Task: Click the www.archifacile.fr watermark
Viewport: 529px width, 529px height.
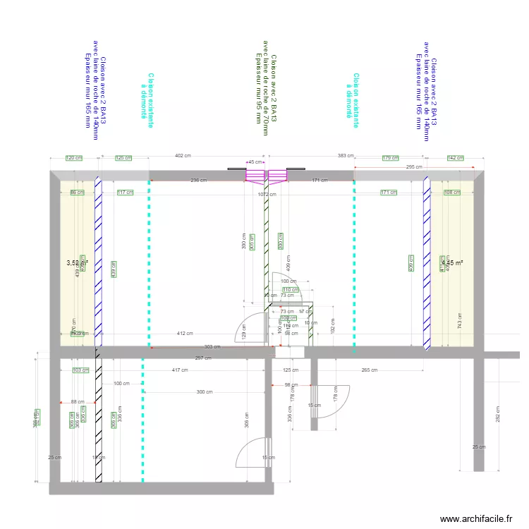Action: click(x=476, y=519)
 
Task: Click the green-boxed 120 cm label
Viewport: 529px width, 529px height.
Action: click(x=73, y=158)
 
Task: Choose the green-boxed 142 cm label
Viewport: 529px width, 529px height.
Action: click(x=456, y=158)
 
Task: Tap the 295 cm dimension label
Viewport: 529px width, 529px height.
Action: click(x=414, y=167)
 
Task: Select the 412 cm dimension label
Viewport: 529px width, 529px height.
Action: click(x=185, y=333)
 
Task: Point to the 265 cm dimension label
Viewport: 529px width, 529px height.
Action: click(x=367, y=370)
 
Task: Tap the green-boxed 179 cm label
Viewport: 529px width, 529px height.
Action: click(x=390, y=158)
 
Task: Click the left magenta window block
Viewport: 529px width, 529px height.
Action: click(x=255, y=175)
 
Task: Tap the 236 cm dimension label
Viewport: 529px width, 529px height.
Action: click(x=199, y=180)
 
